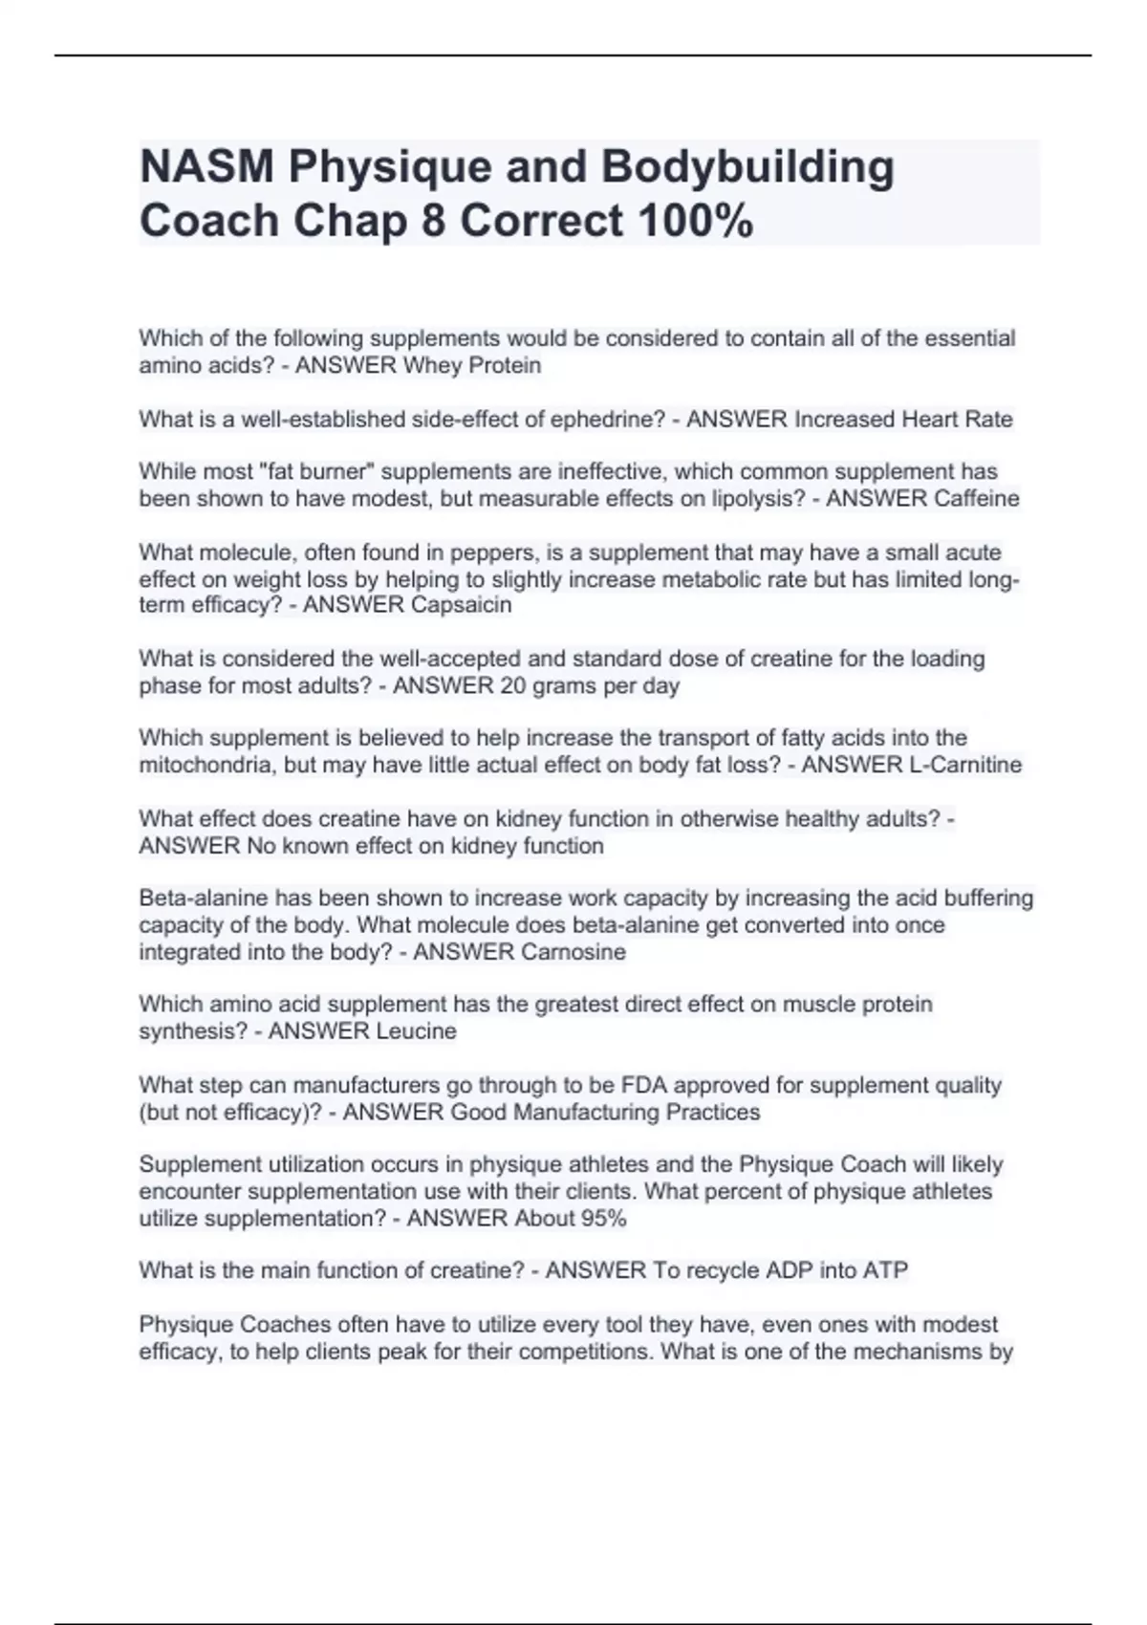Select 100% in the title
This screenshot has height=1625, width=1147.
pos(694,222)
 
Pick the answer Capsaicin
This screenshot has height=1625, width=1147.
pos(461,605)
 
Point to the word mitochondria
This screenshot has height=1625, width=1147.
pos(202,765)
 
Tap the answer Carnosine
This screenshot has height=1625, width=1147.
pos(573,952)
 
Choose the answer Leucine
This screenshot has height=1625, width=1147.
pos(416,1031)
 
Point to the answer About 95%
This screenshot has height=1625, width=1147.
pos(571,1219)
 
